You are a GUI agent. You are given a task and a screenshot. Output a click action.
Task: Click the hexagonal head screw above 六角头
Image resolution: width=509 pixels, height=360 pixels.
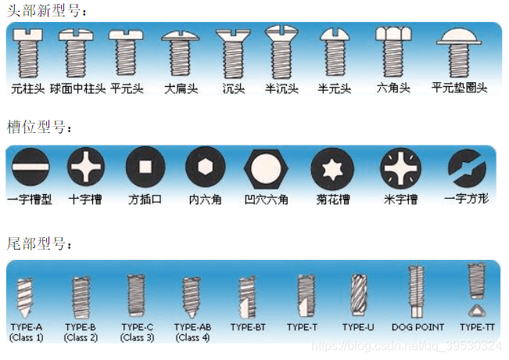point(393,52)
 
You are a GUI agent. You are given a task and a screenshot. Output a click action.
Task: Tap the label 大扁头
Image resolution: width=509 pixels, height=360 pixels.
point(181,88)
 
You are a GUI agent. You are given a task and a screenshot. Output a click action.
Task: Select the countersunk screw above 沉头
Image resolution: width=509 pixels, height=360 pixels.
point(233,54)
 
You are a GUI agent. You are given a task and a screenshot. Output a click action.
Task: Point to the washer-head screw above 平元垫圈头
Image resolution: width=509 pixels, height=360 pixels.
point(459,52)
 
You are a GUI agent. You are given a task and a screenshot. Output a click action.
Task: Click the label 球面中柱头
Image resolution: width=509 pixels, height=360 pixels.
point(78,88)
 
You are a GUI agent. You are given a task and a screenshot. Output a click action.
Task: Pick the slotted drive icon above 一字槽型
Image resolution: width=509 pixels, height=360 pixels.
point(30,167)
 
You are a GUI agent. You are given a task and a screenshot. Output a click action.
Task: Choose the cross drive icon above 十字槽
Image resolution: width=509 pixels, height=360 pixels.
point(86,167)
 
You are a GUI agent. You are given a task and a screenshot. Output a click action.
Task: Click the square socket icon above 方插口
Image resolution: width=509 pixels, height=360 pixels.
point(145,167)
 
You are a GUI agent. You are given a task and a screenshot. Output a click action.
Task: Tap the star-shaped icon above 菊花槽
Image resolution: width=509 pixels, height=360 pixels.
point(333,169)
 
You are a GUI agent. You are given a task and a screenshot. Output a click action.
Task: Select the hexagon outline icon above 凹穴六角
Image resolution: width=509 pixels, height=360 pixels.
point(266,169)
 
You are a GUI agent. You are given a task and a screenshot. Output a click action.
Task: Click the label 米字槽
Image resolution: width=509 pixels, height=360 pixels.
point(400,199)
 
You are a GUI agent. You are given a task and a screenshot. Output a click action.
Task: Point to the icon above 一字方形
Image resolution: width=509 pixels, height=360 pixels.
point(467,168)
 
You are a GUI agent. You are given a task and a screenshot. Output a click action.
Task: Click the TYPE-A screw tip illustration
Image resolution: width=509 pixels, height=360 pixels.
point(25,298)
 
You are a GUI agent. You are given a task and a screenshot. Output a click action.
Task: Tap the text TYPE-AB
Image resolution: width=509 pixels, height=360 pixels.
point(192,327)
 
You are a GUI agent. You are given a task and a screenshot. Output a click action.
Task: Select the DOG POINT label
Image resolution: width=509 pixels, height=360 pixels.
point(418,327)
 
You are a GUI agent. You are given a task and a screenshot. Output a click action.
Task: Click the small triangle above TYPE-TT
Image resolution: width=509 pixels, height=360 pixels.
point(476,311)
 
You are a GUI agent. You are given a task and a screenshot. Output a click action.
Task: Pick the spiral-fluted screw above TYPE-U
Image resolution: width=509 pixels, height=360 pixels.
point(359,295)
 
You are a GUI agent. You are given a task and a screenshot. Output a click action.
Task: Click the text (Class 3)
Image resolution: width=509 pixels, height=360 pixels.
point(137,337)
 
